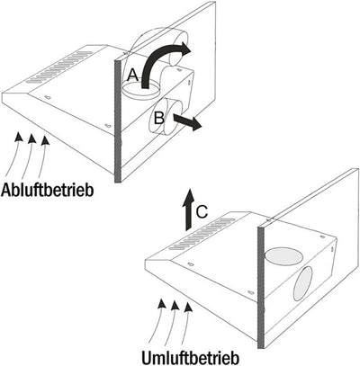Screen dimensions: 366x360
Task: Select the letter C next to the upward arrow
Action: pyautogui.click(x=202, y=212)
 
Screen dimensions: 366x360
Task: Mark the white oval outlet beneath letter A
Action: pyautogui.click(x=140, y=89)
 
